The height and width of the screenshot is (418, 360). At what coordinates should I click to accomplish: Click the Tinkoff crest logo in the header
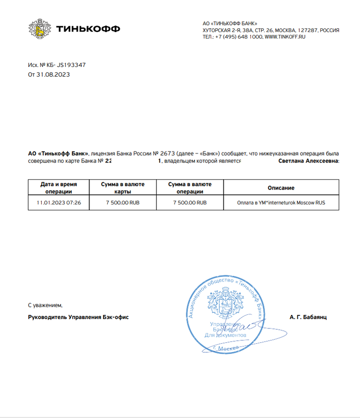[x=39, y=29]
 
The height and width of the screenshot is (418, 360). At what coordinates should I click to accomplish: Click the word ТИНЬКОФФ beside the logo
[x=88, y=29]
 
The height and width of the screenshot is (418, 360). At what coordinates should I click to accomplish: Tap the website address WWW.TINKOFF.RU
[x=285, y=37]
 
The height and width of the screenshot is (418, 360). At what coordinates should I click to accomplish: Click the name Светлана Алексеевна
[x=308, y=161]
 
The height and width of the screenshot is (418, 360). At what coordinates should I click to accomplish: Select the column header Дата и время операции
[x=59, y=188]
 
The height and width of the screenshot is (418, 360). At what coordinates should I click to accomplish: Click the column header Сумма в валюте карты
[x=123, y=188]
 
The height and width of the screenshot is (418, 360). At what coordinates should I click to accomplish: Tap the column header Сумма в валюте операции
[x=190, y=188]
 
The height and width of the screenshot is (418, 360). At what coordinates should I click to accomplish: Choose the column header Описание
[x=281, y=188]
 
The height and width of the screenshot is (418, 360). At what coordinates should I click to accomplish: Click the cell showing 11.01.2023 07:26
[x=59, y=203]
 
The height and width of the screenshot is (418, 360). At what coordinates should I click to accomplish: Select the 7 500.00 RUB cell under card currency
[x=123, y=203]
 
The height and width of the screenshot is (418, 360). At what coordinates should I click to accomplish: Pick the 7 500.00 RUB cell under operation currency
[x=190, y=203]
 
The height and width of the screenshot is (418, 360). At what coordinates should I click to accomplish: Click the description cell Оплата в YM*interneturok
[x=281, y=203]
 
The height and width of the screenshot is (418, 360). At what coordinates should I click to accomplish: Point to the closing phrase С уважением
[x=45, y=305]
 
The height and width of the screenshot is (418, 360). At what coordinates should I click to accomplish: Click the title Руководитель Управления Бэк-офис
[x=78, y=317]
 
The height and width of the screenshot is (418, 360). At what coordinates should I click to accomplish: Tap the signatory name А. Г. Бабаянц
[x=309, y=317]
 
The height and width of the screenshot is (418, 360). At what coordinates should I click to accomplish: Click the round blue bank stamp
[x=226, y=313]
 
